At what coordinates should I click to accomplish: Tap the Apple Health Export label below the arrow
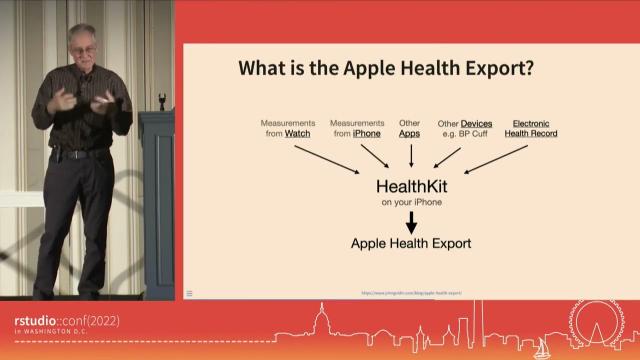click(x=410, y=243)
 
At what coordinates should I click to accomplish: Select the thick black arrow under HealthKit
click(x=410, y=222)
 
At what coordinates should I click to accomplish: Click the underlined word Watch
click(x=296, y=133)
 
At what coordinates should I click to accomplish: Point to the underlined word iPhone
click(x=367, y=133)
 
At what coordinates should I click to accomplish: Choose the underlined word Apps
click(x=410, y=133)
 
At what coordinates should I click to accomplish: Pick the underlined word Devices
click(x=476, y=123)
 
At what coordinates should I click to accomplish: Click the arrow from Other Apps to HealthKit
click(x=411, y=155)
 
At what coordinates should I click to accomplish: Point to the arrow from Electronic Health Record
click(x=496, y=158)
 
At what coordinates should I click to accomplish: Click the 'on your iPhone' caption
click(x=410, y=203)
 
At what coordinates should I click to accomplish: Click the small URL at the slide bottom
click(x=411, y=293)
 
